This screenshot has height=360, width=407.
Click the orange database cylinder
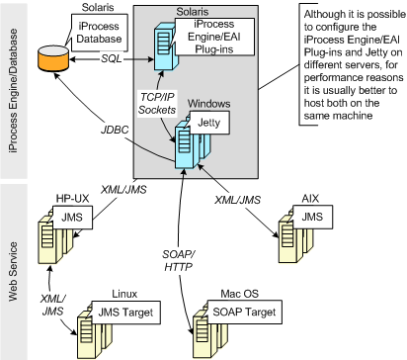(x=53, y=58)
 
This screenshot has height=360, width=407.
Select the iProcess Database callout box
(x=99, y=33)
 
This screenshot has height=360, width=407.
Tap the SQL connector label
(x=112, y=59)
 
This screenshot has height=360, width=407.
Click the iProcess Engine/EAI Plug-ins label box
(x=214, y=37)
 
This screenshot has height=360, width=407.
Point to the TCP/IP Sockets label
(x=157, y=103)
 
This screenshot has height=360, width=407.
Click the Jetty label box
(x=209, y=123)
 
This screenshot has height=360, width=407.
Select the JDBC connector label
(x=115, y=130)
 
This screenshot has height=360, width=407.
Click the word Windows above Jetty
(x=208, y=104)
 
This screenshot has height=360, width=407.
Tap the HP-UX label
(x=72, y=199)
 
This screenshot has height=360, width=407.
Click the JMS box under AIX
(x=312, y=217)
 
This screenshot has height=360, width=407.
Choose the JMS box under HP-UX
(x=72, y=218)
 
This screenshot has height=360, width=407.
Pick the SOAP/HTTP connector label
(x=179, y=260)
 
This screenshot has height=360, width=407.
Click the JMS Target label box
(x=125, y=313)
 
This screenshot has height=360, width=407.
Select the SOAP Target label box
(x=244, y=312)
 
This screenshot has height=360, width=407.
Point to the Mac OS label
(x=240, y=294)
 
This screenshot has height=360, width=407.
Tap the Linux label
(x=124, y=294)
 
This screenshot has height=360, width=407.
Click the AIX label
(x=310, y=199)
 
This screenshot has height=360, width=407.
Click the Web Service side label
(x=13, y=271)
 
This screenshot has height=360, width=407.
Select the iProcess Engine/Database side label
(x=13, y=90)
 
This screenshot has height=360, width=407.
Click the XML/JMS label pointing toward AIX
(x=237, y=200)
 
